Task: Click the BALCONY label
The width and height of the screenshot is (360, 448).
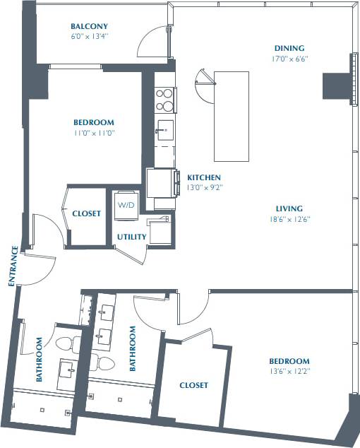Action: [89, 25]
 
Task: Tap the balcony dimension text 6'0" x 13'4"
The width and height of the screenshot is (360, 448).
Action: [89, 35]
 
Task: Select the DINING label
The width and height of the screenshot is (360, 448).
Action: [290, 49]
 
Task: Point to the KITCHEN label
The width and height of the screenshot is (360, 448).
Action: [204, 177]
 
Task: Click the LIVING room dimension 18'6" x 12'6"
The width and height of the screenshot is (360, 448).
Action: [290, 219]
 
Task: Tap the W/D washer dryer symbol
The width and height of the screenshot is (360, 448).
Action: [126, 206]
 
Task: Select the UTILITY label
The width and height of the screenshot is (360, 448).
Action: [131, 237]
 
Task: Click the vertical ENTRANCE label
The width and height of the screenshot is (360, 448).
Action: [12, 266]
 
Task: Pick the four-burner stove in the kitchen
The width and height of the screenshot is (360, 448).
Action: [164, 99]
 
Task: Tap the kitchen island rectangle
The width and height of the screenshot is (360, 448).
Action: [232, 117]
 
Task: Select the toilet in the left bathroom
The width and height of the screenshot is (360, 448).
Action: [66, 346]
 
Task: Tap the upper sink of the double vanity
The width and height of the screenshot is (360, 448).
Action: [107, 312]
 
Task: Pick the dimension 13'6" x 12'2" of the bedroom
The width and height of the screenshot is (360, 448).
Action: [289, 370]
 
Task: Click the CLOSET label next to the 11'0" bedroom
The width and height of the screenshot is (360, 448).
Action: [86, 213]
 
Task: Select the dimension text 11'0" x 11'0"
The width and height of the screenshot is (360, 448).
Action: [94, 132]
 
